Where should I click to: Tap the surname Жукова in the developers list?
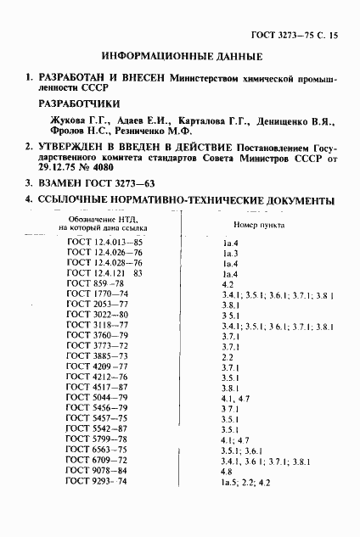[69, 120]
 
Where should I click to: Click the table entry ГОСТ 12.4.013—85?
[104, 243]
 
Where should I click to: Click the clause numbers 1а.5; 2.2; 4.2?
[245, 506]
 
